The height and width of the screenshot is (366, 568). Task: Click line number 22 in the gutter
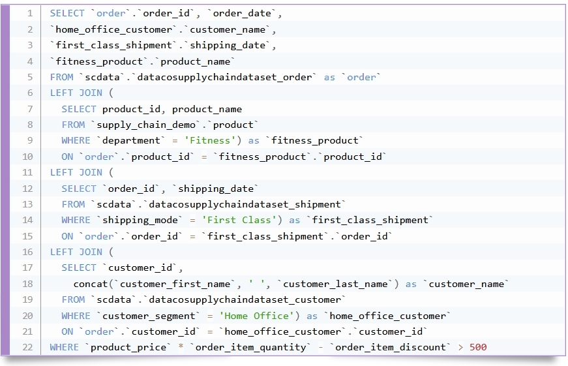pyautogui.click(x=27, y=347)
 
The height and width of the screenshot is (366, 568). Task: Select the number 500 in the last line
pyautogui.click(x=478, y=347)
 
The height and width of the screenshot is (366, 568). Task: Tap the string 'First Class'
pyautogui.click(x=239, y=220)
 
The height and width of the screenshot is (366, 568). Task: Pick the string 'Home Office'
pyautogui.click(x=256, y=316)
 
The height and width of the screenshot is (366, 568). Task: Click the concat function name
pyautogui.click(x=91, y=284)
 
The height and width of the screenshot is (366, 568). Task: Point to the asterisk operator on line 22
pyautogui.click(x=181, y=346)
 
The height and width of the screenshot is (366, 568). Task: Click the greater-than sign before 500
pyautogui.click(x=460, y=348)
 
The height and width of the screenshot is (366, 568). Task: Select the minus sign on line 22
pyautogui.click(x=321, y=348)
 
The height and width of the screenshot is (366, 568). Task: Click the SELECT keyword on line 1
pyautogui.click(x=67, y=14)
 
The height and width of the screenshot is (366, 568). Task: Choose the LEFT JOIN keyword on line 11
pyautogui.click(x=76, y=172)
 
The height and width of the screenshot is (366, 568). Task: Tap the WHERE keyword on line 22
pyautogui.click(x=64, y=347)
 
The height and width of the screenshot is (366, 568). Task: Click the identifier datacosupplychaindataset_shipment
pyautogui.click(x=245, y=205)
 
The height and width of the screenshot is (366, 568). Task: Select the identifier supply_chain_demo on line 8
pyautogui.click(x=146, y=125)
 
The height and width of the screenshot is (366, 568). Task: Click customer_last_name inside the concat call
pyautogui.click(x=335, y=284)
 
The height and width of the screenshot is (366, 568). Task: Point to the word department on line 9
pyautogui.click(x=131, y=141)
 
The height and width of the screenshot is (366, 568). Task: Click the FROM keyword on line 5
pyautogui.click(x=61, y=77)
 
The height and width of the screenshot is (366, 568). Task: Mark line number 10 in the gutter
pyautogui.click(x=27, y=157)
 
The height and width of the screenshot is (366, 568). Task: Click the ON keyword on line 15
pyautogui.click(x=67, y=236)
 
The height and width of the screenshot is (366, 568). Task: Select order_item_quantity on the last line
pyautogui.click(x=250, y=348)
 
